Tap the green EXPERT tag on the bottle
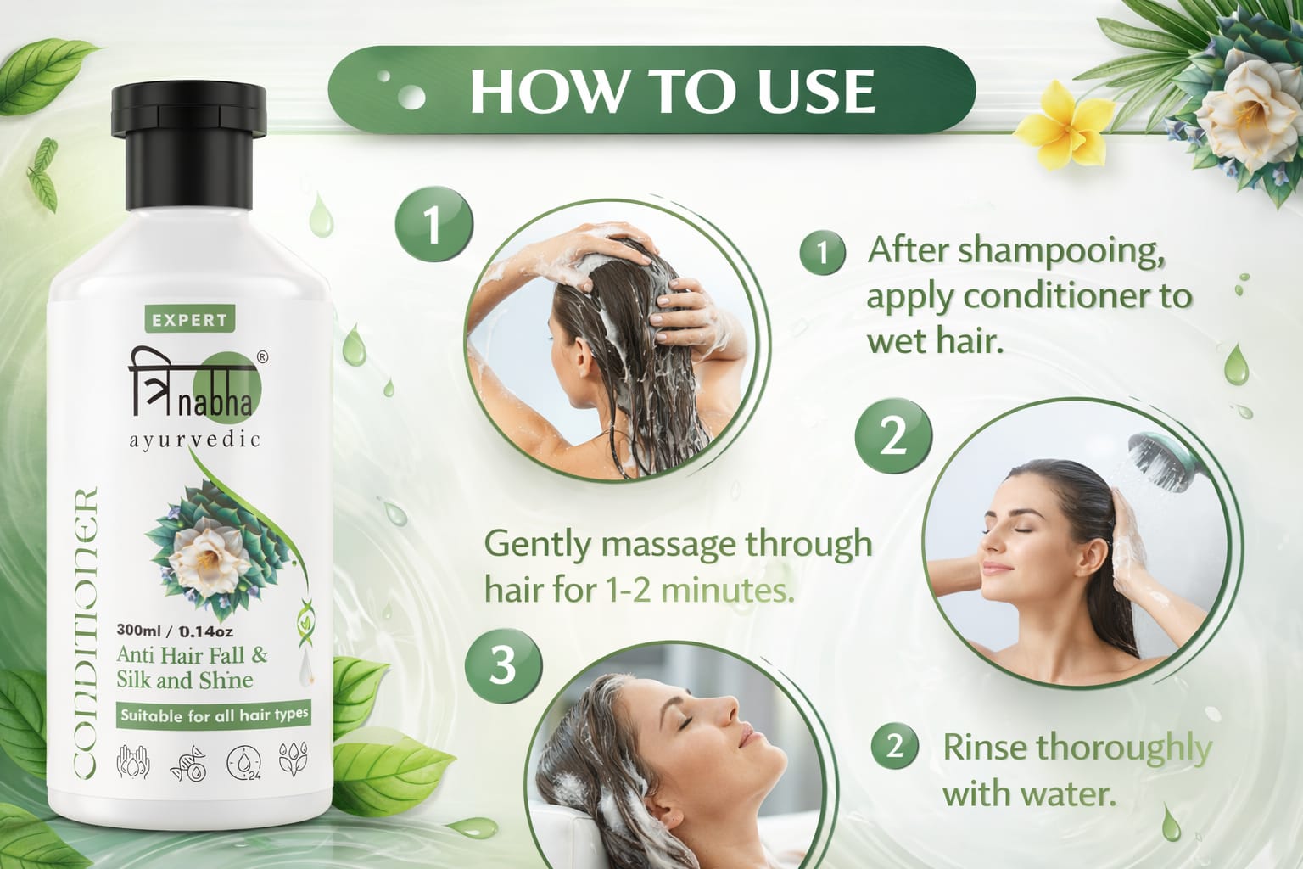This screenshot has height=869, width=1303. pos(190,320)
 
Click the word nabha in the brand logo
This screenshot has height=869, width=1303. pos(215,404)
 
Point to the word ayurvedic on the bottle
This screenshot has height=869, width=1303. pos(194,440)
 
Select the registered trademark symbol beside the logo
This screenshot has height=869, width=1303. pos(262,357)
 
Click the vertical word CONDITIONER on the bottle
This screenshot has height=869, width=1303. pos(86,632)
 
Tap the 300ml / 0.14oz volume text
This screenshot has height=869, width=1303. pos(175,631)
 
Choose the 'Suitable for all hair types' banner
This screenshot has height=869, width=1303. pos(214,715)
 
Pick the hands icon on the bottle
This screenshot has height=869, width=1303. pos(133,761)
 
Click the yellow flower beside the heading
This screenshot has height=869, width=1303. pos(1064,125)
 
